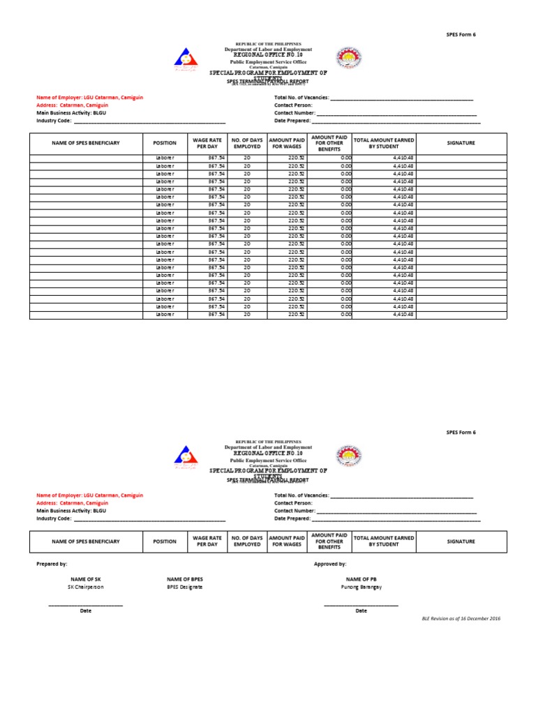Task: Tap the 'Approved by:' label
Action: tap(330, 563)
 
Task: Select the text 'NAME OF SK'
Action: tap(86, 579)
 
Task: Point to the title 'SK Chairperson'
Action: tap(86, 587)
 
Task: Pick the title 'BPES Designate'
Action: tap(185, 587)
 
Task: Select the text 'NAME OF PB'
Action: tap(361, 579)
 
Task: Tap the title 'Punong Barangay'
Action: tap(361, 587)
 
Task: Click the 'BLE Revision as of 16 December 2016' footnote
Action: tap(461, 619)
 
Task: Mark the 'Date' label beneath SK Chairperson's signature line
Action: tap(86, 611)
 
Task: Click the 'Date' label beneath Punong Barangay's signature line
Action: tap(361, 611)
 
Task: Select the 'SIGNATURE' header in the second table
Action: tap(461, 541)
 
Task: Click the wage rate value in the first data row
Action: tap(216, 158)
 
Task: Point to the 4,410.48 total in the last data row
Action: tap(403, 314)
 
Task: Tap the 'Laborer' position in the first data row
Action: tap(165, 158)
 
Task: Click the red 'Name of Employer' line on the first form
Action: tap(89, 98)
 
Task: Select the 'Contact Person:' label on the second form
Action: tap(293, 502)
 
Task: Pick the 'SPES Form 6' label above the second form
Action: tap(460, 432)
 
